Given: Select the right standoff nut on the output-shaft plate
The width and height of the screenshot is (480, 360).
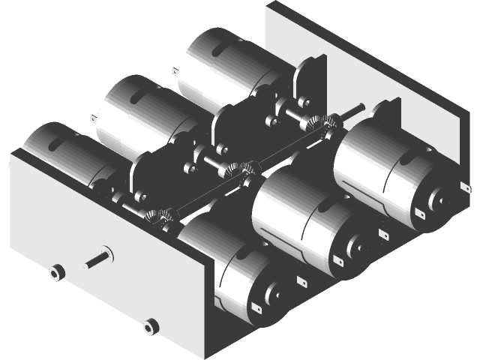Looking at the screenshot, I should (x=150, y=326).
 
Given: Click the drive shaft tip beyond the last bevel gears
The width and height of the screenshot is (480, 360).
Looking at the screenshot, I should (x=358, y=108).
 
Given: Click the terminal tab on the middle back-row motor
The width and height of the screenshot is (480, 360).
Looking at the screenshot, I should (x=92, y=118).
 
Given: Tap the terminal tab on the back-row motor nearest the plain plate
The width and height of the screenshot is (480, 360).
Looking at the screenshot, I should (x=175, y=73).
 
